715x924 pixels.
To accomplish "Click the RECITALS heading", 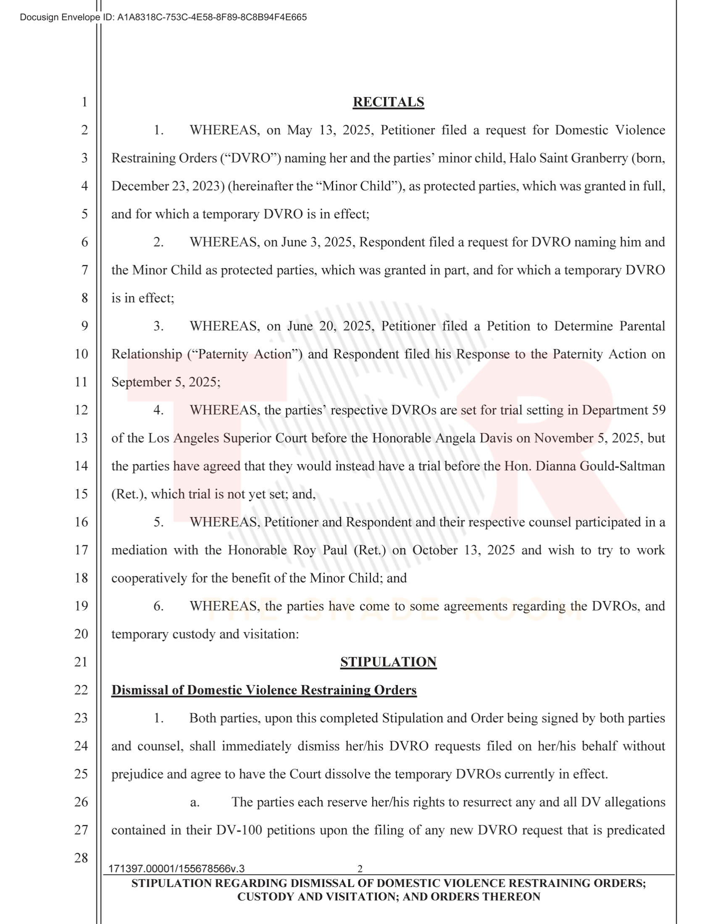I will (388, 102).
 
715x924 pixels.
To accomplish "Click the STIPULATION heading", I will (388, 661).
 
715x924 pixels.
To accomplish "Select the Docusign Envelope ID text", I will (163, 17).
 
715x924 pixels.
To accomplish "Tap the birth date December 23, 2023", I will (168, 186).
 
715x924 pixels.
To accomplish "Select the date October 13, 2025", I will (463, 550).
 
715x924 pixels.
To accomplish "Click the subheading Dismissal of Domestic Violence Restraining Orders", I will (264, 690).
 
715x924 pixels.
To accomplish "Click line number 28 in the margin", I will (81, 858).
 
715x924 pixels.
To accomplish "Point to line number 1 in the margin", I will (84, 102).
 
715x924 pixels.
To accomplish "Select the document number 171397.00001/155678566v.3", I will (176, 869).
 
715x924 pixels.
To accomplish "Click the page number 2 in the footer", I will (360, 869).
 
